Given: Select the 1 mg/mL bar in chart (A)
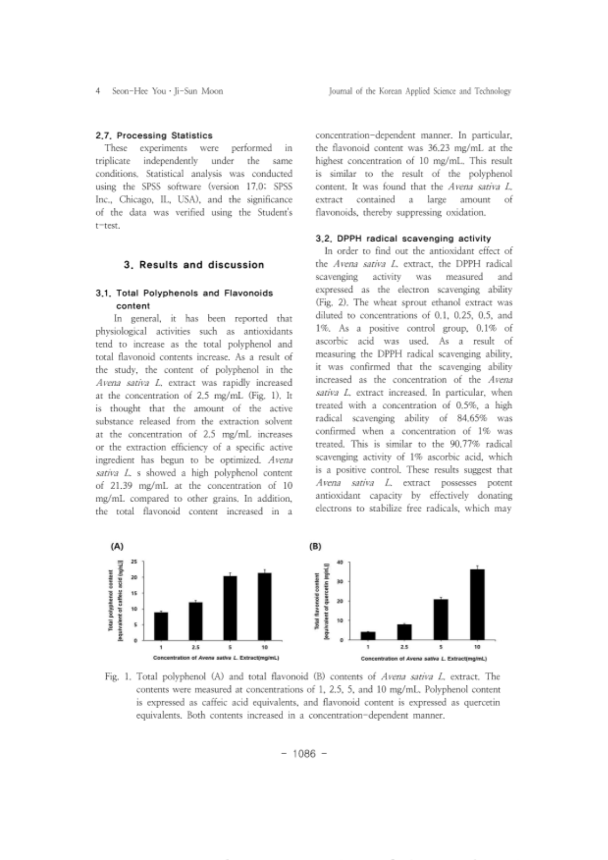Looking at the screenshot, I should point(161,626).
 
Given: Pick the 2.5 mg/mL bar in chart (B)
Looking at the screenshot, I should point(404,632).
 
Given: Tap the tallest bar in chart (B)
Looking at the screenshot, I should point(477,605).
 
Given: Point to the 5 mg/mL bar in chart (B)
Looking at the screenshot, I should point(441,619).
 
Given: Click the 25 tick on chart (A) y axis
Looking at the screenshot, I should point(134,562).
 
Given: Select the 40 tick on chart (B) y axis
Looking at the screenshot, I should point(340,562).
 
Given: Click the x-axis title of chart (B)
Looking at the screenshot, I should point(423,659).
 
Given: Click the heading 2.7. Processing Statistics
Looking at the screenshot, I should point(154,135).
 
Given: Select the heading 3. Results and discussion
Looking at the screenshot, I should point(194,265).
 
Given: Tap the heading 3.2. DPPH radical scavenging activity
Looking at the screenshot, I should point(403,239).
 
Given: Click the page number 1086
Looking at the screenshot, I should point(303,753).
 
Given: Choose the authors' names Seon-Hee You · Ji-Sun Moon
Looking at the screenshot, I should point(167,91).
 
